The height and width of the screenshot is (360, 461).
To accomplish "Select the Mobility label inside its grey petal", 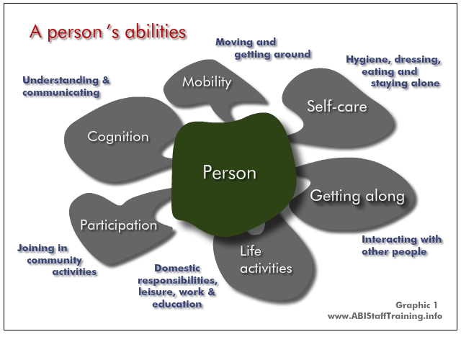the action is click(207, 82).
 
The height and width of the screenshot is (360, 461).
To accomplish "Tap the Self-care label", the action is click(337, 106).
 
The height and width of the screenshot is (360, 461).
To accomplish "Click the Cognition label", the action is click(118, 137).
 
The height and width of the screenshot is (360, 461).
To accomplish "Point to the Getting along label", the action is click(357, 196).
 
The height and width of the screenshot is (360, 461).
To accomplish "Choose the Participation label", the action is click(119, 225).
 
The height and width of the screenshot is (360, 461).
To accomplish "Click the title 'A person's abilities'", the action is click(107, 32).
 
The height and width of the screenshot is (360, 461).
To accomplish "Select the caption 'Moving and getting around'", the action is click(263, 48).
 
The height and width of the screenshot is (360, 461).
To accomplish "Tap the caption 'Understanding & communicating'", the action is click(66, 86).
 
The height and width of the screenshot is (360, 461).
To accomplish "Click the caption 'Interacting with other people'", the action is click(402, 246).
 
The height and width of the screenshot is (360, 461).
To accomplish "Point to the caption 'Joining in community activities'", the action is click(57, 260).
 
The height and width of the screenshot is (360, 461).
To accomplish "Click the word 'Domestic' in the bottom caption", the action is click(177, 268).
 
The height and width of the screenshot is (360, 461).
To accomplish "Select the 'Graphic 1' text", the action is click(416, 305).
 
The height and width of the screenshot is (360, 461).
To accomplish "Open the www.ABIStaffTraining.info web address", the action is click(385, 316).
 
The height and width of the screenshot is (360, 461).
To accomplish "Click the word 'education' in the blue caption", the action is click(177, 304).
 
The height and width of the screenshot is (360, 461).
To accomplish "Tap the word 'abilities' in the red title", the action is click(156, 31).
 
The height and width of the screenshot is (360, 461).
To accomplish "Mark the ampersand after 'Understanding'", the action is click(106, 80).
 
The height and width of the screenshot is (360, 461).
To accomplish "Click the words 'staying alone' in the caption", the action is click(405, 84).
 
